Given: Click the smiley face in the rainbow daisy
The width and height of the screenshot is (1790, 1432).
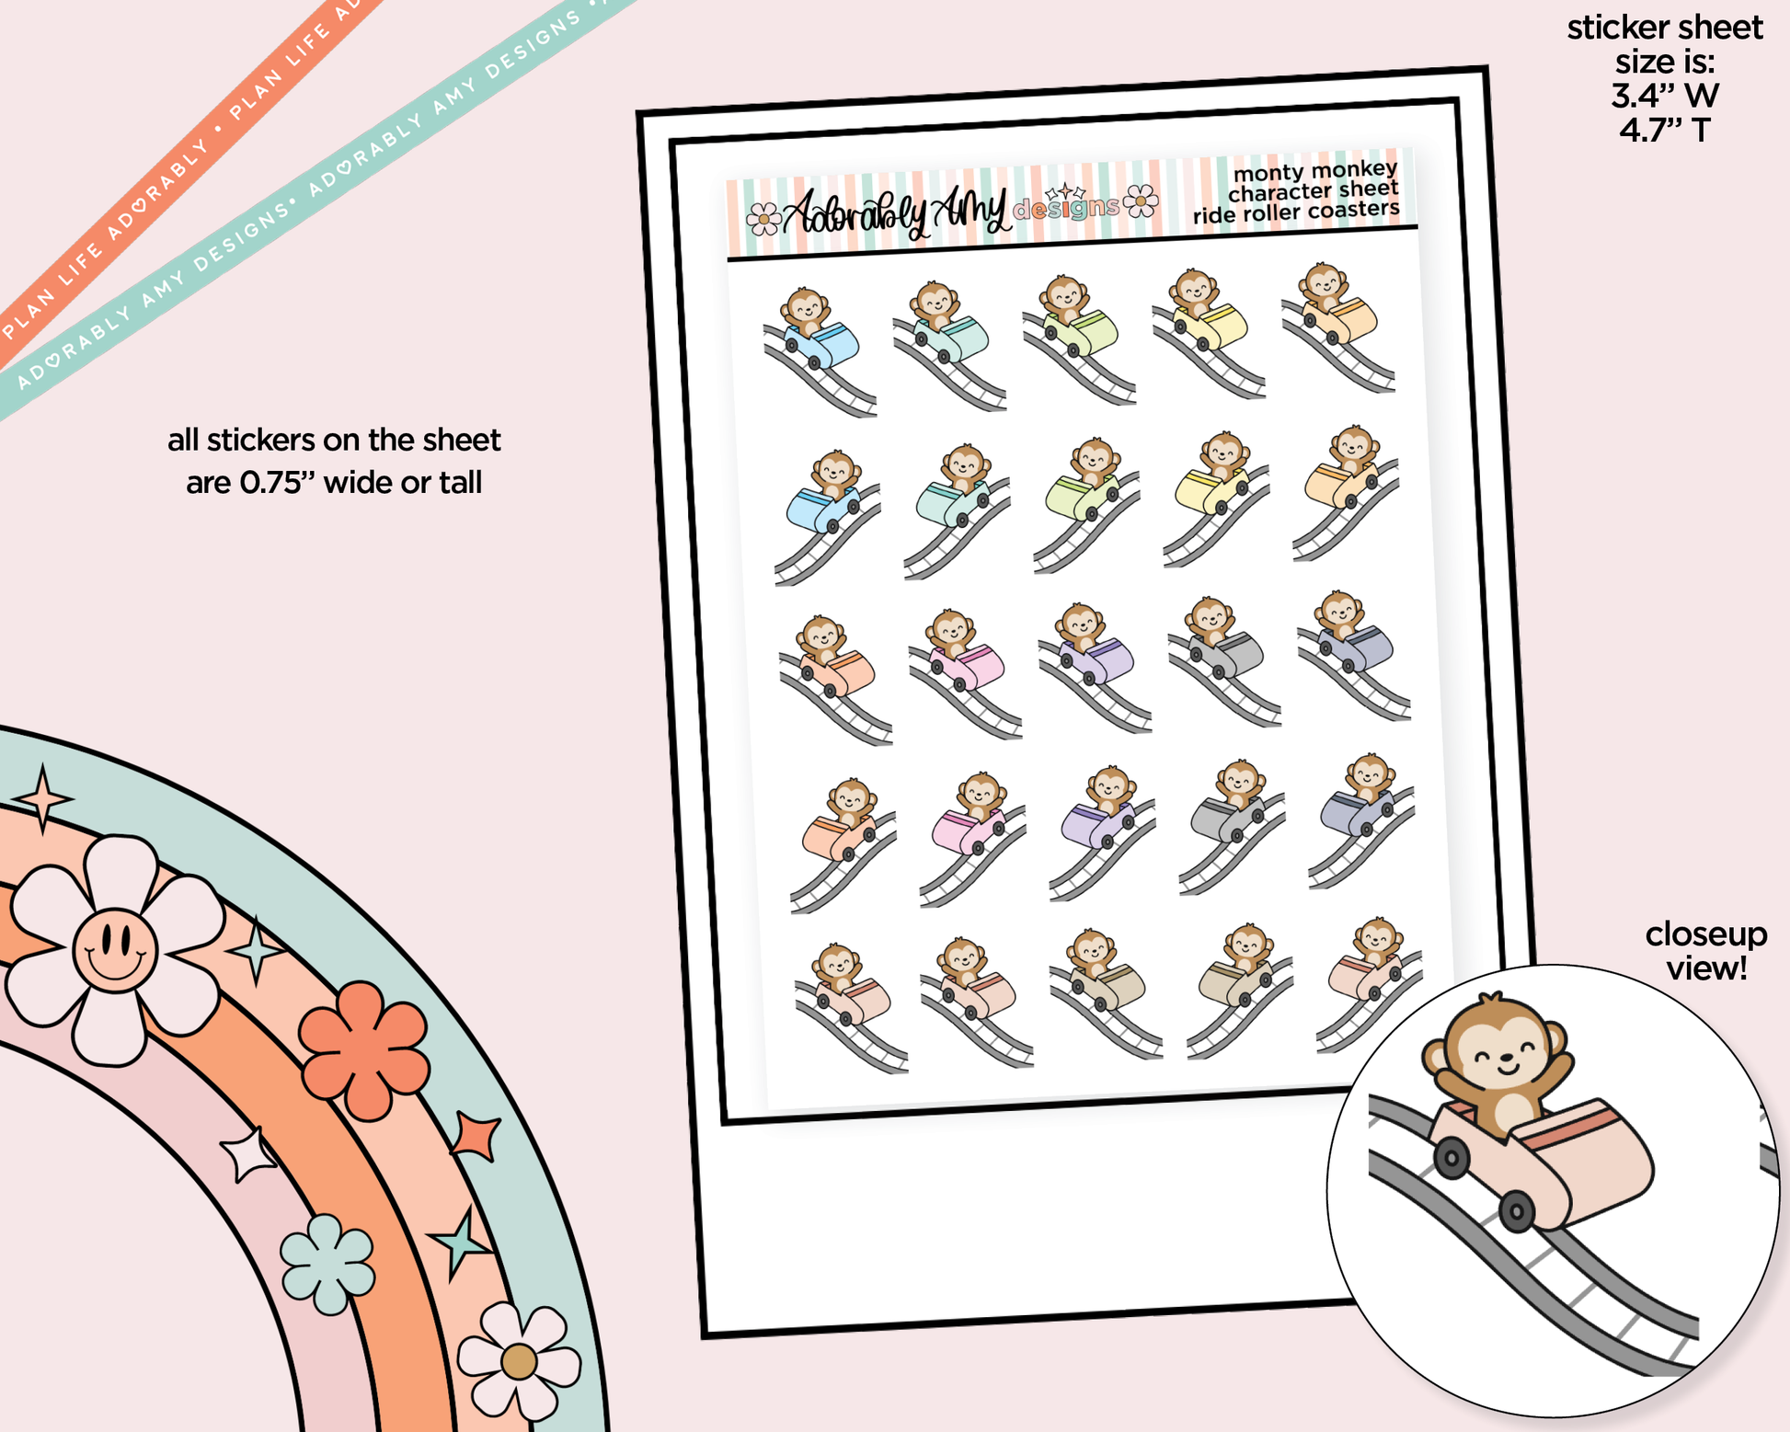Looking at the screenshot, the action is (114, 950).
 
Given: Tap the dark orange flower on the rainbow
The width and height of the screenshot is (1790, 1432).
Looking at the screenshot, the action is (364, 1050).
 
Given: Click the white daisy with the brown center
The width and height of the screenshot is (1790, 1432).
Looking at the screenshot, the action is (519, 1362).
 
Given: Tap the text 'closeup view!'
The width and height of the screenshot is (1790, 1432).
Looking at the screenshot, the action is (1705, 951).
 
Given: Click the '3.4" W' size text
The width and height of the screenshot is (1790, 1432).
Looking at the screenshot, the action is (1665, 96).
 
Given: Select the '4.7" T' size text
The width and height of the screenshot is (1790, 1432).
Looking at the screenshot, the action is (1665, 130).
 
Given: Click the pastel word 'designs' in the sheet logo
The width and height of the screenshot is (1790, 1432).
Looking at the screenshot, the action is (1066, 209).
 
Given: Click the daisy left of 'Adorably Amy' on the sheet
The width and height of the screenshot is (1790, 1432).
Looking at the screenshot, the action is (763, 219).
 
